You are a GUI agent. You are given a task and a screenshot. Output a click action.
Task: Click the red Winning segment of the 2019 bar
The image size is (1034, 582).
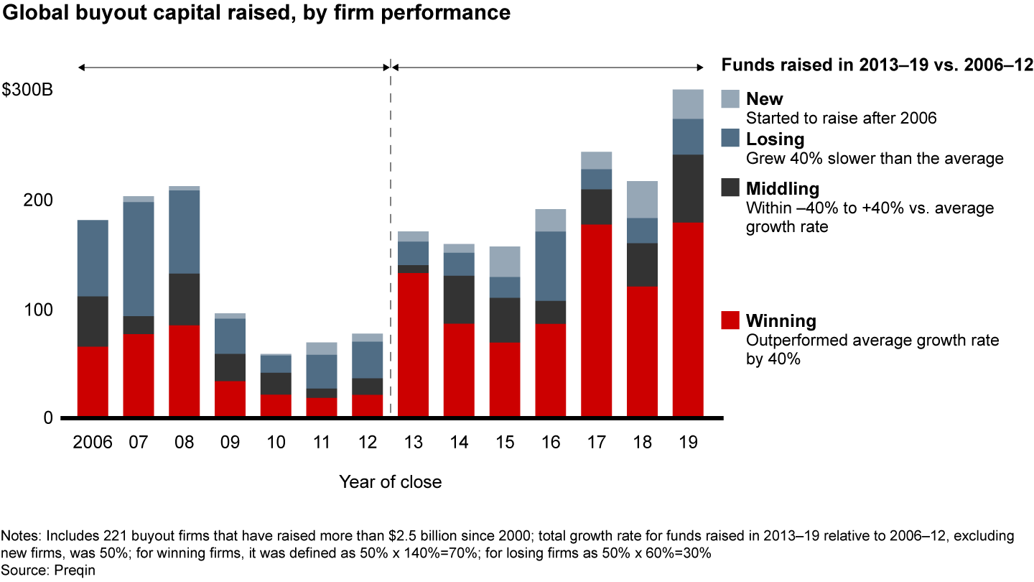688,319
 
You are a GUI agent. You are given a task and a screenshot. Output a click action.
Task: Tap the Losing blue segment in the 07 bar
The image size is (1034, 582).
138,259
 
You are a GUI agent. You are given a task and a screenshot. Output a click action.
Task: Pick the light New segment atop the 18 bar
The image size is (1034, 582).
642,199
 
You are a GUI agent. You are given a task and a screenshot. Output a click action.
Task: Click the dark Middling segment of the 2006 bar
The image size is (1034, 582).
93,321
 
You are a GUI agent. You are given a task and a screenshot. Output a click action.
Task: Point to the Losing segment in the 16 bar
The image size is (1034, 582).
550,266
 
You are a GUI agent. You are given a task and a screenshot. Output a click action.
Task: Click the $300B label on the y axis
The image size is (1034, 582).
27,91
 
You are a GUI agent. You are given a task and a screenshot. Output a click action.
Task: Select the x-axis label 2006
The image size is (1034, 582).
93,442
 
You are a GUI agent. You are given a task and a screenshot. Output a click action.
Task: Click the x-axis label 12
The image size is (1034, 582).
367,442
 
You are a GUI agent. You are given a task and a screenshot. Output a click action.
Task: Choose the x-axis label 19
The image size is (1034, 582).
688,442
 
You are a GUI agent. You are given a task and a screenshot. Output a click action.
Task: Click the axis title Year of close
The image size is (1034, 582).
390,481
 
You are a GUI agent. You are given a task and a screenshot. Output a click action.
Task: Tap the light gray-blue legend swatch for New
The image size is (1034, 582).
729,99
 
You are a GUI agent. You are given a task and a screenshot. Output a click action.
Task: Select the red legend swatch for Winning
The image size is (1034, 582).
729,320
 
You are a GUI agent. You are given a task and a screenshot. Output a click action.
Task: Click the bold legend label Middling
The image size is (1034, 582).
783,189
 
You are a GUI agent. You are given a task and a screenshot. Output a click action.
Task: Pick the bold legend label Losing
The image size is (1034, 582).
775,139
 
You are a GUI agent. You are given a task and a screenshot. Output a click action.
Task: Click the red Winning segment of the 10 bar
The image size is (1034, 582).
276,405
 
